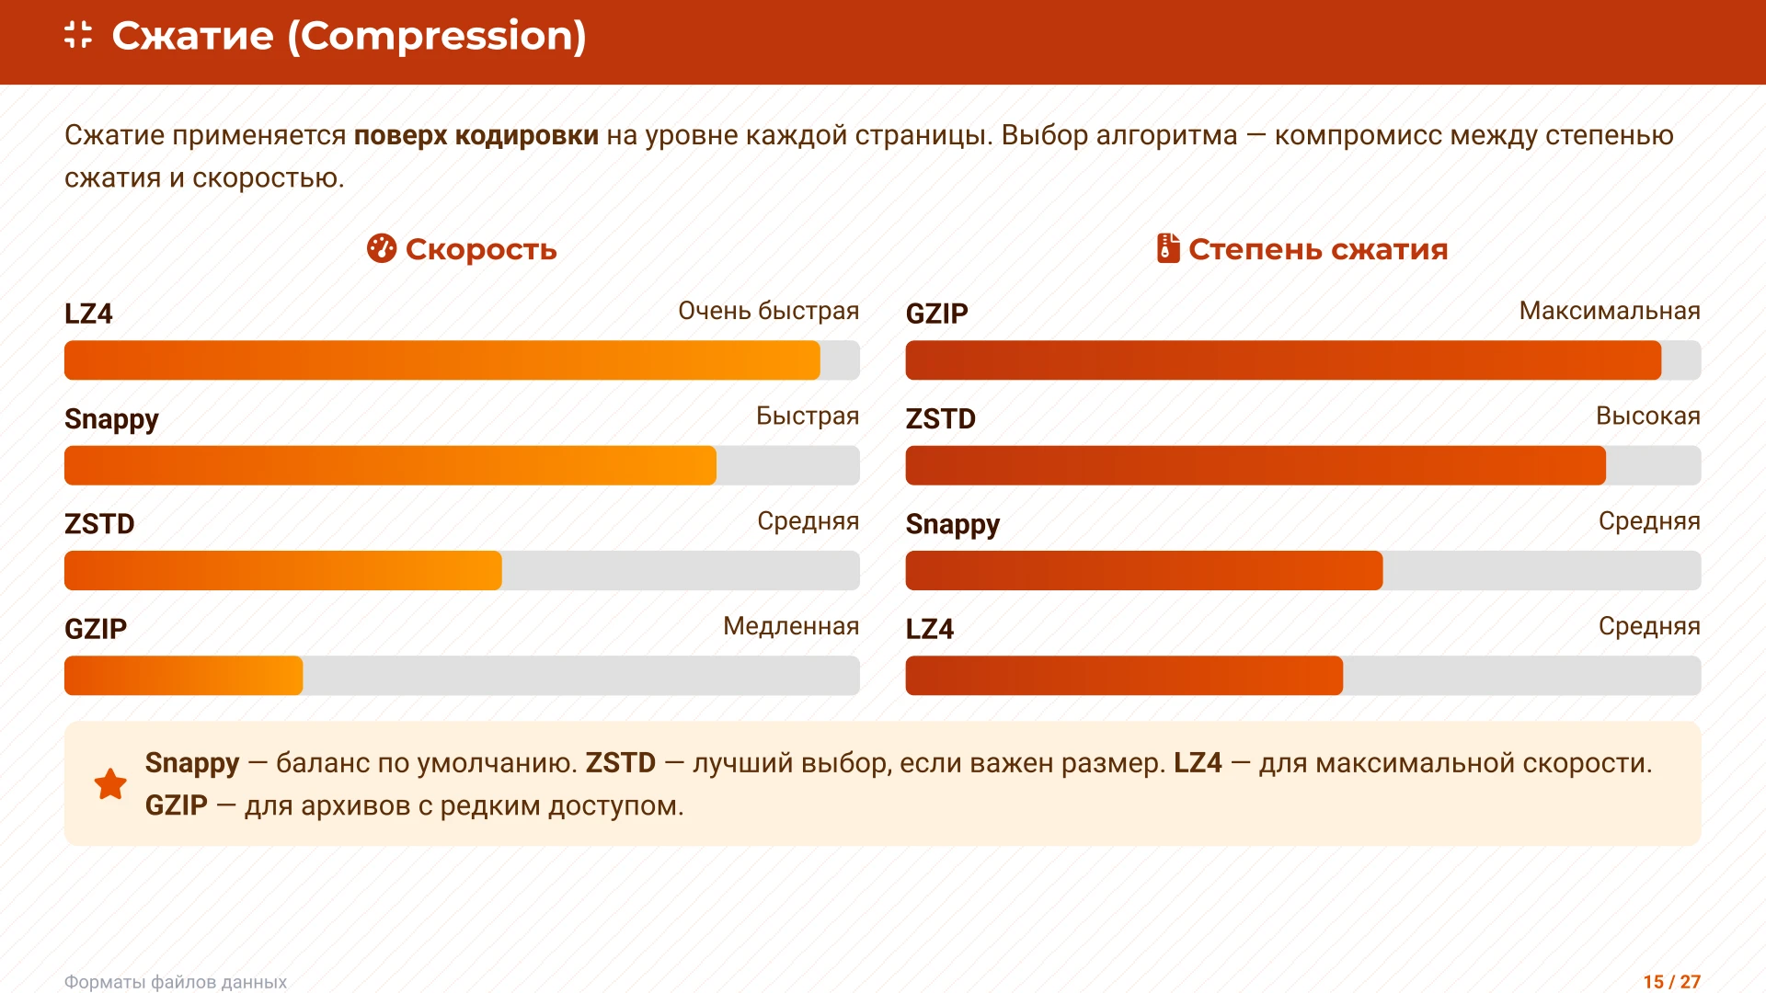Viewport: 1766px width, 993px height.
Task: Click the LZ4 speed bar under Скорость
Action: click(x=441, y=360)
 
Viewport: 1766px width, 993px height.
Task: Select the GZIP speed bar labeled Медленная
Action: click(x=184, y=676)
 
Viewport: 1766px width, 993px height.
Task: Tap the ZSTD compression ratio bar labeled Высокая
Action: click(x=1256, y=465)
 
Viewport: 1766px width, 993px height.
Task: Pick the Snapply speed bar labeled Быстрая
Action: click(x=390, y=465)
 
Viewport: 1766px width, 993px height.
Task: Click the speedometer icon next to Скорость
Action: click(x=381, y=248)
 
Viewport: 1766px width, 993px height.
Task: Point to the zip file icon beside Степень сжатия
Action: click(x=1167, y=248)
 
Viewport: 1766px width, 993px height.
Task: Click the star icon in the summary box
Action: click(x=110, y=784)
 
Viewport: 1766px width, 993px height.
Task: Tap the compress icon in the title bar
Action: click(x=79, y=35)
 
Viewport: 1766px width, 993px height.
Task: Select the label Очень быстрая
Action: click(x=768, y=311)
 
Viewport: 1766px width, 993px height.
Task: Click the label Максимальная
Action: click(x=1609, y=311)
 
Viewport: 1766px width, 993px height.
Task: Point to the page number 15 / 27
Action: click(x=1671, y=981)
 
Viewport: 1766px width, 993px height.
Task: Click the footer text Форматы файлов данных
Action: click(x=176, y=981)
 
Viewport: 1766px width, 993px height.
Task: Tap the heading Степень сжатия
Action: click(x=1317, y=249)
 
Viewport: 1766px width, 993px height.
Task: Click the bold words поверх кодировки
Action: click(x=476, y=135)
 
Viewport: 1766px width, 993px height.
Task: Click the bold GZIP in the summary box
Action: click(x=177, y=805)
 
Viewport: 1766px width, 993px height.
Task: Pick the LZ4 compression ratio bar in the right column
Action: click(x=1124, y=676)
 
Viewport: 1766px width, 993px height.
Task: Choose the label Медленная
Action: click(x=790, y=626)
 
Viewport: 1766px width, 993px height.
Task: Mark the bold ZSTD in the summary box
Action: click(x=620, y=763)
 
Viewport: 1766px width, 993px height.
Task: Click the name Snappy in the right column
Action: click(x=952, y=524)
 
